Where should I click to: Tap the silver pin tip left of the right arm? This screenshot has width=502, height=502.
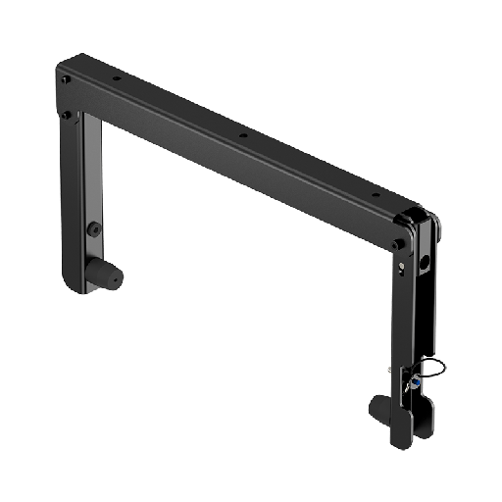pos(390,370)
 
